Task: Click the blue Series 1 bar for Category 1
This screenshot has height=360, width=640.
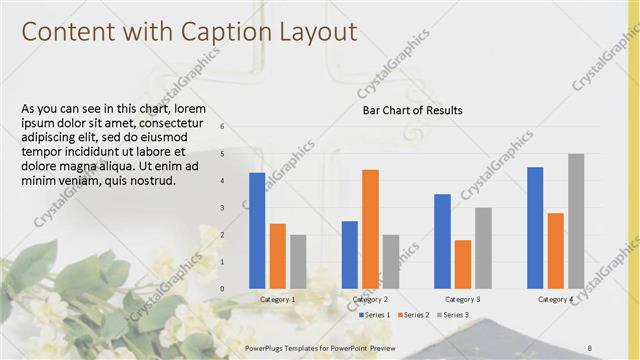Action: click(x=257, y=230)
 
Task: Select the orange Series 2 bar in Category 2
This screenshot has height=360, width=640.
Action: click(x=370, y=228)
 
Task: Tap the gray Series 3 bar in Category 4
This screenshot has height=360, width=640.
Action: click(x=576, y=221)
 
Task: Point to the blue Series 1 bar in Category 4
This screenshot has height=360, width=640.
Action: click(x=535, y=227)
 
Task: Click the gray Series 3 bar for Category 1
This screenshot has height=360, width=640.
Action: click(x=298, y=261)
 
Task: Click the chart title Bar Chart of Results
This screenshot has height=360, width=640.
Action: click(x=412, y=110)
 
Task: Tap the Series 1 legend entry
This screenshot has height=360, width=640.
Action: click(x=375, y=314)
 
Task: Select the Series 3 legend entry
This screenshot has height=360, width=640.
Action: click(x=453, y=314)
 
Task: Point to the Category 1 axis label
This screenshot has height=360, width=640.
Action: click(x=277, y=299)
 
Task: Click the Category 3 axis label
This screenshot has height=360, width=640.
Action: click(x=462, y=299)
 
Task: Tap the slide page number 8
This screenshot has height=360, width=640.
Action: click(x=590, y=347)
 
